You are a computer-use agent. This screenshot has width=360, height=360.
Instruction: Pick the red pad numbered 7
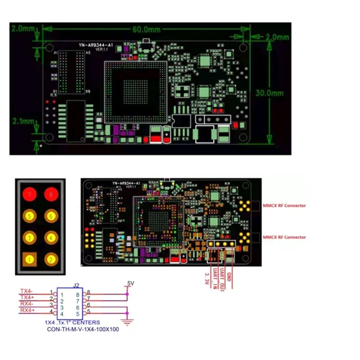pos(30,195)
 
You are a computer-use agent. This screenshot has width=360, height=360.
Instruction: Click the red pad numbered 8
pos(51,195)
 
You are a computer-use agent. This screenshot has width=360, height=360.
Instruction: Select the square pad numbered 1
pos(30,259)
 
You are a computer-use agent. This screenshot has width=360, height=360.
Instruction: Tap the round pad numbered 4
pos(51,238)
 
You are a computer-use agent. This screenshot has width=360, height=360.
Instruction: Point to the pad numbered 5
pos(30,216)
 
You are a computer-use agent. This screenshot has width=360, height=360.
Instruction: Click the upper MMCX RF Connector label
pos(283,206)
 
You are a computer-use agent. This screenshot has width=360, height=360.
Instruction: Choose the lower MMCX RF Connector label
pos(283,237)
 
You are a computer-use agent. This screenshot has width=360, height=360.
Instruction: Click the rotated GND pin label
pos(229,275)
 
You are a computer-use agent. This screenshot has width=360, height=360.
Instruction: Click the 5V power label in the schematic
pos(130,283)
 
